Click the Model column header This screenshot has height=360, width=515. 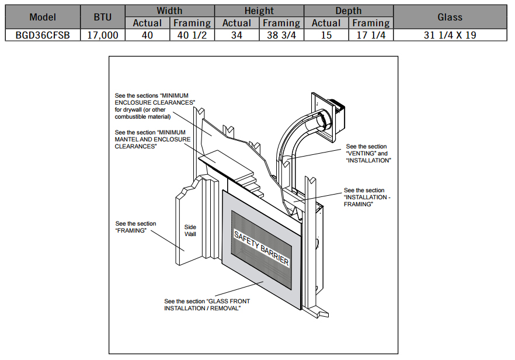[42, 17]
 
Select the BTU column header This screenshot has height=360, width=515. [102, 17]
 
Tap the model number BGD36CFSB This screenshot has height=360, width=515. [42, 35]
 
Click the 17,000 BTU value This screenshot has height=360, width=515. [102, 35]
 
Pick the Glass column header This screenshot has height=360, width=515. [450, 17]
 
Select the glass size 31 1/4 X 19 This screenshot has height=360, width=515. [450, 35]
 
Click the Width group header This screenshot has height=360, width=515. [169, 11]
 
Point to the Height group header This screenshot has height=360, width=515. [259, 11]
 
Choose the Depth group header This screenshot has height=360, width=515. [348, 11]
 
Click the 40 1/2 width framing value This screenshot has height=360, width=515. [192, 35]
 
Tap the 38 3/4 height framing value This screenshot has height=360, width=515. [281, 35]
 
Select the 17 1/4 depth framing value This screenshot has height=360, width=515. [371, 35]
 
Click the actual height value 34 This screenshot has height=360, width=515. [236, 35]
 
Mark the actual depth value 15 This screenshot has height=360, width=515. [326, 35]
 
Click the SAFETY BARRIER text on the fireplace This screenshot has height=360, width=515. [261, 248]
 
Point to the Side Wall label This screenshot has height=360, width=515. [190, 230]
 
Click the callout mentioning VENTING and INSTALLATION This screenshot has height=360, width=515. [368, 153]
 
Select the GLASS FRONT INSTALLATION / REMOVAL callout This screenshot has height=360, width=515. [202, 304]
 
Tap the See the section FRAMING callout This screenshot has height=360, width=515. [135, 227]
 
